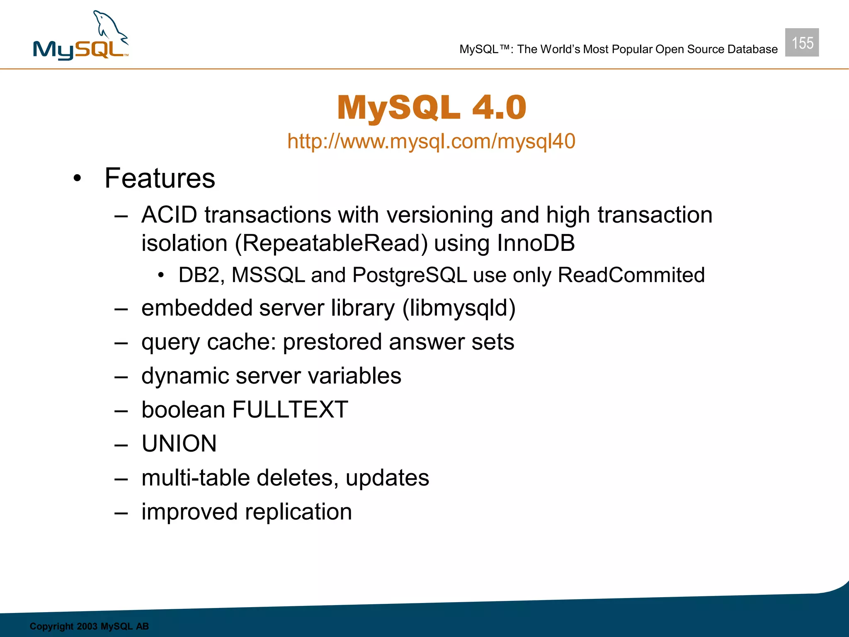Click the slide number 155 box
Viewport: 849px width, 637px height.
(x=802, y=43)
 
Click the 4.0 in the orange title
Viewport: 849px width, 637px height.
(x=499, y=107)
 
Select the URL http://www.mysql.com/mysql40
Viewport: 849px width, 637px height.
(x=431, y=141)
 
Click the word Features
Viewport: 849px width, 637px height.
(x=160, y=178)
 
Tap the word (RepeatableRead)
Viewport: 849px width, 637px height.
(x=331, y=243)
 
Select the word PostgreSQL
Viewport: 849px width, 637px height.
(x=410, y=275)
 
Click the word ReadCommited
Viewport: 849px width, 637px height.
(x=631, y=275)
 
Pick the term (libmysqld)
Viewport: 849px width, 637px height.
(x=459, y=309)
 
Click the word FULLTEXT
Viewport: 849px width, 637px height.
(x=290, y=410)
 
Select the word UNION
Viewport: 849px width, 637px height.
(x=179, y=444)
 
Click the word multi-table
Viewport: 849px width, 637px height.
(x=196, y=478)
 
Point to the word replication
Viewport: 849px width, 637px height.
(x=298, y=512)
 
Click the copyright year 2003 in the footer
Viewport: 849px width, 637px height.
(x=87, y=626)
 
